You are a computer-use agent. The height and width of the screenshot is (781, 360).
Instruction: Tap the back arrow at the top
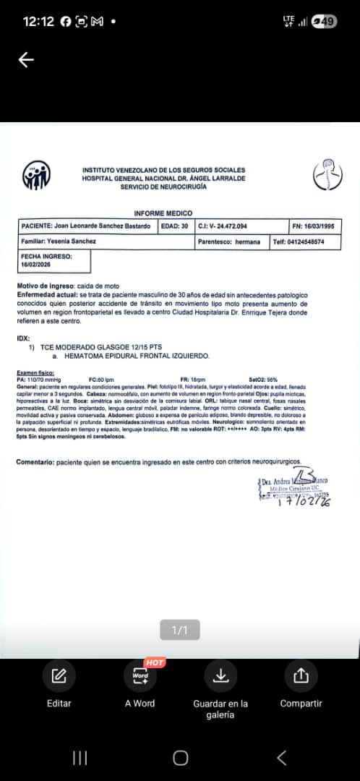click(x=26, y=60)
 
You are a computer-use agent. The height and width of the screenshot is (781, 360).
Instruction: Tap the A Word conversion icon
click(x=140, y=677)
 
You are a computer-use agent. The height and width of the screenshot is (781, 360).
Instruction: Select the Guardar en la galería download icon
click(x=220, y=676)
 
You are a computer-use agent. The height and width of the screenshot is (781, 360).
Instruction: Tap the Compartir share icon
click(x=301, y=676)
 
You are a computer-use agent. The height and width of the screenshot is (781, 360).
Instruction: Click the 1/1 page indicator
click(x=179, y=631)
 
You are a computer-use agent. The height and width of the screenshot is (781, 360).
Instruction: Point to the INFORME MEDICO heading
click(x=163, y=213)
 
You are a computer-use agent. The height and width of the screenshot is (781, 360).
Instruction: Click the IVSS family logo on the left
click(x=36, y=176)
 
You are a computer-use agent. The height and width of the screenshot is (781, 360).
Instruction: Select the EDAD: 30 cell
click(x=174, y=226)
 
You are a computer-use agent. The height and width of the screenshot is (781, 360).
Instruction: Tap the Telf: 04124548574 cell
click(x=305, y=242)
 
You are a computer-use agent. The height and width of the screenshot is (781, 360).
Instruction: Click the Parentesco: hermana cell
click(x=231, y=242)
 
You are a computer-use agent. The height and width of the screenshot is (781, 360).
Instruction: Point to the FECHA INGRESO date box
click(x=54, y=260)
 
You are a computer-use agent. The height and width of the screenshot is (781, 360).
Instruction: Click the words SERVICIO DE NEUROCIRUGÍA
click(x=163, y=187)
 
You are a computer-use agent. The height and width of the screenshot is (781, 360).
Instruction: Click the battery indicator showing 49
click(x=325, y=22)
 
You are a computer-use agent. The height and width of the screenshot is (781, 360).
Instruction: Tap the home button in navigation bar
click(x=180, y=757)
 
